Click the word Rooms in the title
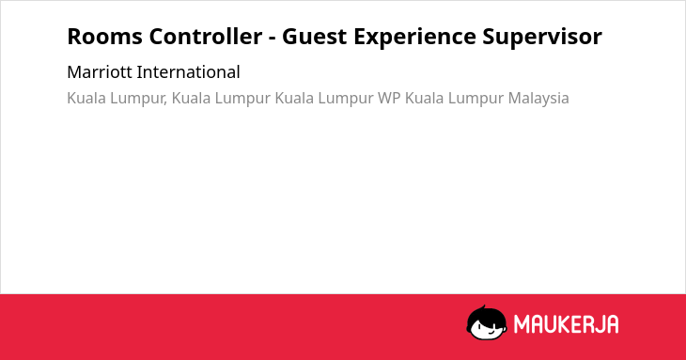tap(104, 37)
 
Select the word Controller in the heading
tap(206, 37)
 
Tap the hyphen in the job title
tap(273, 39)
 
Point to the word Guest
tap(314, 37)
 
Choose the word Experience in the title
tap(414, 37)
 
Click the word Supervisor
tap(542, 37)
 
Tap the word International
tap(188, 72)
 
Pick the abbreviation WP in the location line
tap(389, 98)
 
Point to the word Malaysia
tap(538, 99)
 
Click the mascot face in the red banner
tap(487, 322)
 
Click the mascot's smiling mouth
tap(491, 333)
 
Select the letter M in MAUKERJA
tap(522, 324)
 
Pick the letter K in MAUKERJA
tap(565, 324)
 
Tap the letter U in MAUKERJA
tap(552, 324)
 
